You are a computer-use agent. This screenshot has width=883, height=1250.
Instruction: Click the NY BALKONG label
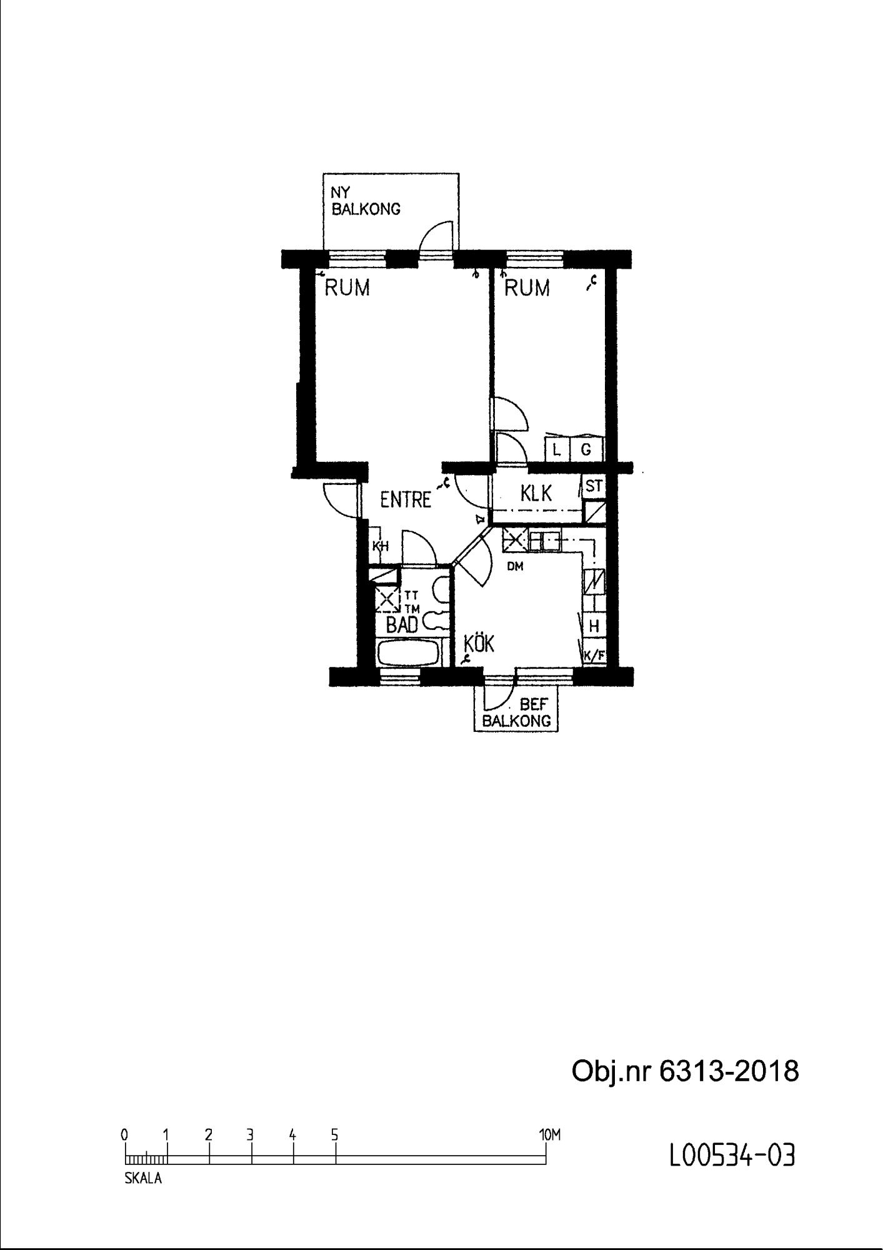tap(366, 201)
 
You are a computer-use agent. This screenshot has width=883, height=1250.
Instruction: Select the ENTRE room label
tap(406, 499)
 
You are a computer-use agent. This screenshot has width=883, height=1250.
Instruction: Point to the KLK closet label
tap(536, 493)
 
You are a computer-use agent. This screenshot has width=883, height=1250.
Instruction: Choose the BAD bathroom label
tap(402, 624)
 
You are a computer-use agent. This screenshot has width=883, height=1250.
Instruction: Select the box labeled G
tap(586, 449)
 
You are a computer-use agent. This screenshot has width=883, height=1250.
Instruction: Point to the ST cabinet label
tap(594, 486)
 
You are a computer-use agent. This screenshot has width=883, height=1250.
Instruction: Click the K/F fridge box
tap(594, 656)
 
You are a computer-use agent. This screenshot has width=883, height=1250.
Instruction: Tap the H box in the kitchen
tap(594, 626)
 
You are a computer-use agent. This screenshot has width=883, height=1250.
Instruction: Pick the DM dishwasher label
tap(515, 567)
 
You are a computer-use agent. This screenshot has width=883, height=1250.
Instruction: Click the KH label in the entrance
tap(381, 546)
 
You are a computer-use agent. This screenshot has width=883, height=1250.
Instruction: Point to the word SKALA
tap(143, 1179)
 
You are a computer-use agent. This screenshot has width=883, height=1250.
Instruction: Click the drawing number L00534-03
tap(732, 1156)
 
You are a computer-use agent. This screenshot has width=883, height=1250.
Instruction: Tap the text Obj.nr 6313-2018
tap(686, 1071)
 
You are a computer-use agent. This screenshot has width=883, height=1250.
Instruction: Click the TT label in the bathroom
tap(411, 596)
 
